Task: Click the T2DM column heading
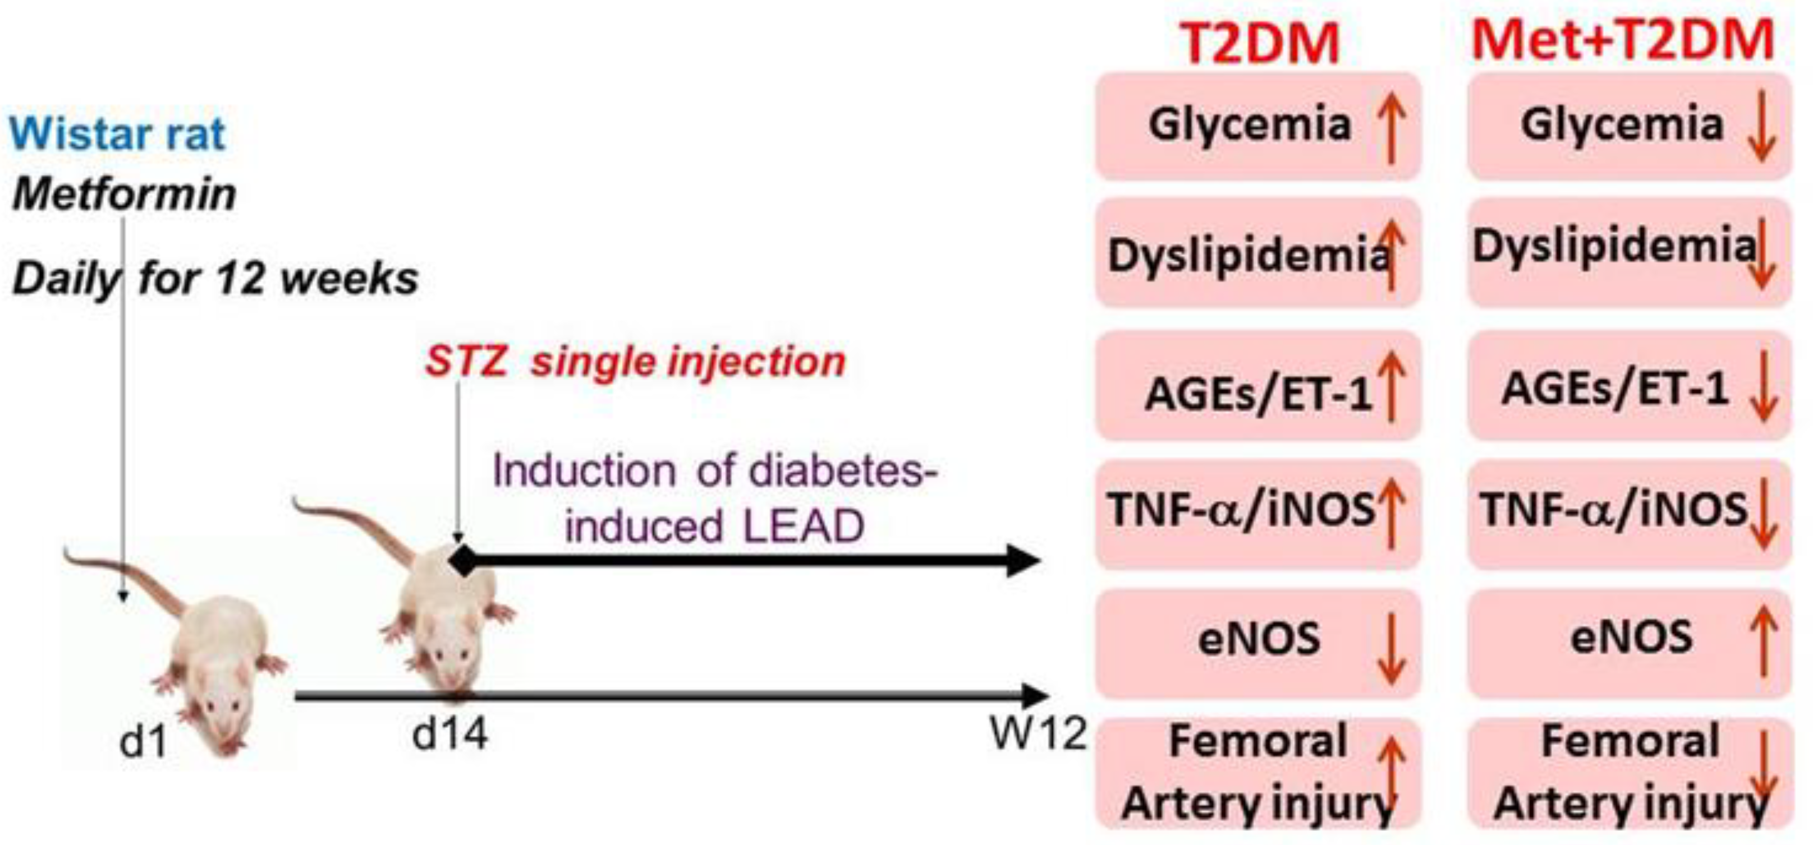(x=1259, y=44)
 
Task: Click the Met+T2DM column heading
(x=1623, y=40)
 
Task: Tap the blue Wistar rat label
(x=117, y=133)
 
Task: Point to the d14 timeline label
(x=449, y=735)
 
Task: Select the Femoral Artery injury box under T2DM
(x=1257, y=773)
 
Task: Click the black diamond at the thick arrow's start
(x=462, y=561)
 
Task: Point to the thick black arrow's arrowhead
(x=1024, y=561)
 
